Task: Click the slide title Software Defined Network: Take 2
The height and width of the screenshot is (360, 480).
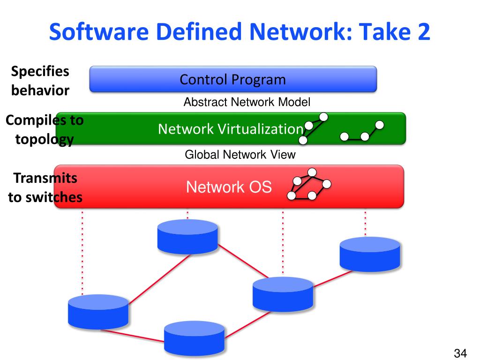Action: [x=240, y=34]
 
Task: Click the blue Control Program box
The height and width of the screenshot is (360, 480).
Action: [x=233, y=79]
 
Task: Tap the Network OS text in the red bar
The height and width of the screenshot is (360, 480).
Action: [x=229, y=187]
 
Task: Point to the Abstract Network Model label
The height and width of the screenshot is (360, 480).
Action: [x=247, y=102]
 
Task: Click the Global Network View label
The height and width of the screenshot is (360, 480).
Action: [x=240, y=155]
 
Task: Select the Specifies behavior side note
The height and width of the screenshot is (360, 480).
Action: [x=40, y=81]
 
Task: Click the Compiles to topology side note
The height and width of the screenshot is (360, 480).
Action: [x=45, y=130]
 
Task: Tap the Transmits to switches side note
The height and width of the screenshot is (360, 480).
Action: [x=45, y=188]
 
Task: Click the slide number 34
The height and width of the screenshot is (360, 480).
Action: [x=461, y=352]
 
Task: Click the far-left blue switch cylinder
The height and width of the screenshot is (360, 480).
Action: [x=98, y=312]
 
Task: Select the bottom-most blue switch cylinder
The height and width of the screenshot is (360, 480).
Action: [x=194, y=338]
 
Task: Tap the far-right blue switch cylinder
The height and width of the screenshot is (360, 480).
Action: [x=370, y=254]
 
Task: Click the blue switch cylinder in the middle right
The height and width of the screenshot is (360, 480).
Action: [x=283, y=294]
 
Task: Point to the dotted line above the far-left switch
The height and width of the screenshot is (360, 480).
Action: [x=82, y=253]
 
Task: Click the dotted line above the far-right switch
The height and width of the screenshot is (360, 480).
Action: [x=365, y=223]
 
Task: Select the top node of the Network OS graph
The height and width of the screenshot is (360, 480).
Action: [x=312, y=172]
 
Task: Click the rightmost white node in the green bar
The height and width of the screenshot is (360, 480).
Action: [x=380, y=125]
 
